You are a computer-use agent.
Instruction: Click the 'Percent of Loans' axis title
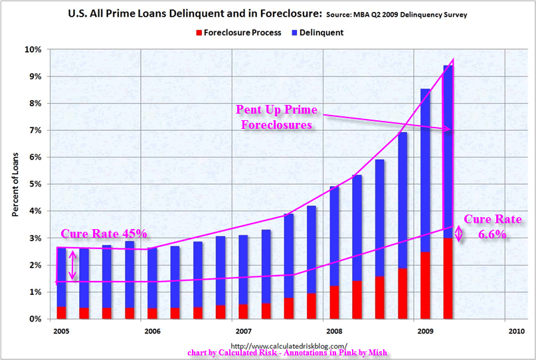(x=15, y=184)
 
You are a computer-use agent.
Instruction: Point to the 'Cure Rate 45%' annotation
(x=104, y=234)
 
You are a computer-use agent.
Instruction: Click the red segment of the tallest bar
(x=448, y=279)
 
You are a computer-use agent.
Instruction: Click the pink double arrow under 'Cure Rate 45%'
(x=73, y=264)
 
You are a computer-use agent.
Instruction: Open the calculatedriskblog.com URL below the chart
(x=288, y=345)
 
